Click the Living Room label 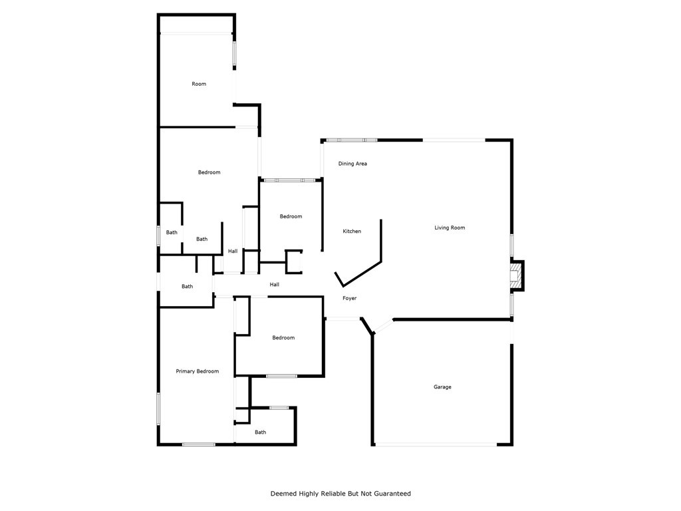pos(450,228)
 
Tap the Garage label pos(442,387)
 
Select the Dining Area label pos(352,164)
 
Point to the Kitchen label pos(352,232)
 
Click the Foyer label pos(350,298)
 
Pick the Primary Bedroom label pos(197,371)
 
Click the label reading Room pos(199,84)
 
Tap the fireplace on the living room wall pos(515,275)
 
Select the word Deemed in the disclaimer pos(283,494)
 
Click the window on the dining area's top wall pos(350,140)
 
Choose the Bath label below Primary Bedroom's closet pos(260,432)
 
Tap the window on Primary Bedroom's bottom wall pos(198,444)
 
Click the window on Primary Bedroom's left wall pos(158,408)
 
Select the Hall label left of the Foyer pos(274,285)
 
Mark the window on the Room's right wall pos(234,55)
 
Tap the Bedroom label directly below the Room pos(209,172)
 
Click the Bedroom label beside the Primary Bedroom pos(283,338)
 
